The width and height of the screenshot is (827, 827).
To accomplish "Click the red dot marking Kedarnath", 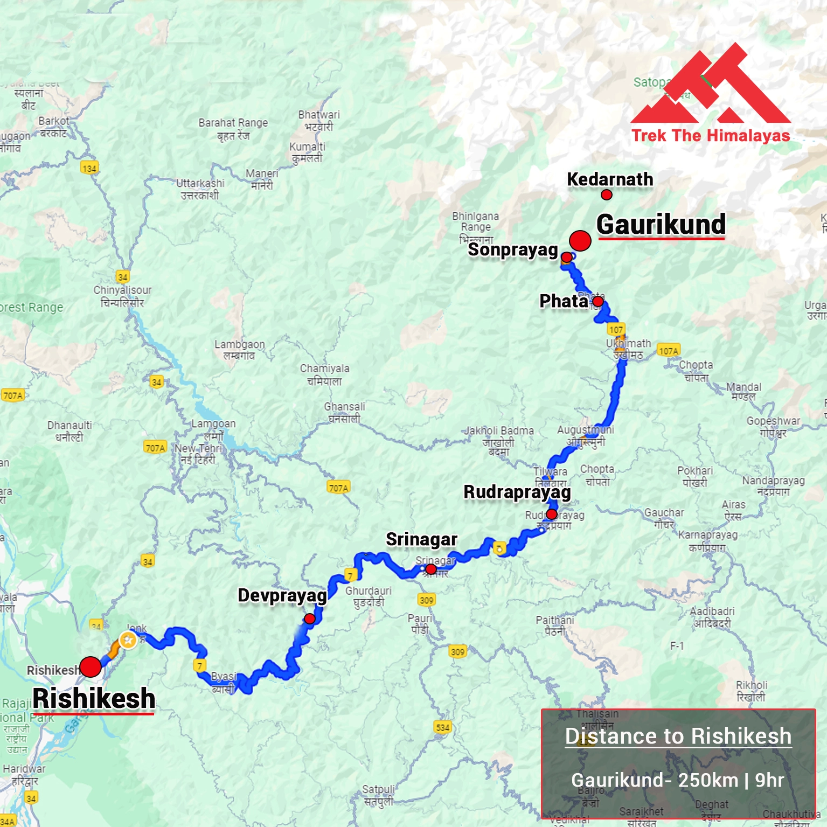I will point(607,195).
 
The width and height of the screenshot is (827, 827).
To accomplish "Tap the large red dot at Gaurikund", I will point(580,241).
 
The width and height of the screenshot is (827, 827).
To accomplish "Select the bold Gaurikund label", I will point(661,225).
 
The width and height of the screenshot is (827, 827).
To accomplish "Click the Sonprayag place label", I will point(512,250).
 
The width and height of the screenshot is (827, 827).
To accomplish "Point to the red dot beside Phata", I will point(598,302).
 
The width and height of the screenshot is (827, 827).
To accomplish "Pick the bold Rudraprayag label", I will point(517,492).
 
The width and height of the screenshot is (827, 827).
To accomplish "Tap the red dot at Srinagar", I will point(431,569).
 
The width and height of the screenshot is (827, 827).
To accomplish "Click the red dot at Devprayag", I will point(310,619).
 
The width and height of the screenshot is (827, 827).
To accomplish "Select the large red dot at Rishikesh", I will point(91,667).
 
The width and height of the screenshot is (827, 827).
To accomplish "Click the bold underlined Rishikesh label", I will point(94,699).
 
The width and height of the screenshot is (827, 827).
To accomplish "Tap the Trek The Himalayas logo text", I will point(711,135).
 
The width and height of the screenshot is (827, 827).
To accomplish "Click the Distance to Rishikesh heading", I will point(678,736).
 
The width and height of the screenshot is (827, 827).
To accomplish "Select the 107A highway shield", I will point(668,351).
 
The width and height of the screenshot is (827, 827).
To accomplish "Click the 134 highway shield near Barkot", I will point(89,168).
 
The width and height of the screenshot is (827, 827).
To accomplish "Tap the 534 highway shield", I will point(442,727).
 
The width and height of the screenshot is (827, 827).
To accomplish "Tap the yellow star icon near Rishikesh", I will point(128,641).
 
